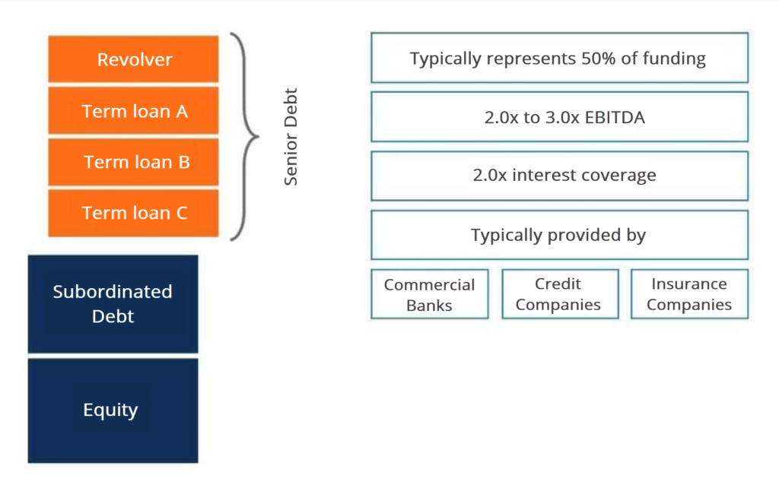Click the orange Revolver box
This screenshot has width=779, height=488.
coord(133,59)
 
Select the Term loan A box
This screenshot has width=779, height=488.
coord(133,111)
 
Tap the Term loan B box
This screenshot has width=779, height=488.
coord(133,162)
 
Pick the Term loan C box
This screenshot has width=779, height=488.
coord(133,213)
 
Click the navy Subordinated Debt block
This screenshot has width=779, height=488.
coord(113,303)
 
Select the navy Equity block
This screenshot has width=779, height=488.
coord(113,410)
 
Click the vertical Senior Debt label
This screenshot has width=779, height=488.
coord(291,138)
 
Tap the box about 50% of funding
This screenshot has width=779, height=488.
coord(559,58)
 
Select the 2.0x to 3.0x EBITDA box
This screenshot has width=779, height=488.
coord(559,116)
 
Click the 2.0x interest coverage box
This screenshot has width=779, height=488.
coord(559,176)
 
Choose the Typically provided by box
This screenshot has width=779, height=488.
coord(559,235)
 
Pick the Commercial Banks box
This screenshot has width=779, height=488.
coord(429,294)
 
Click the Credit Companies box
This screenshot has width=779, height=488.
coord(558,294)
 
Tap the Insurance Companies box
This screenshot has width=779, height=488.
coord(689,294)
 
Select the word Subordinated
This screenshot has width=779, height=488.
coord(113,292)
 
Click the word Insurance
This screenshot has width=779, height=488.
coord(689,284)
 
